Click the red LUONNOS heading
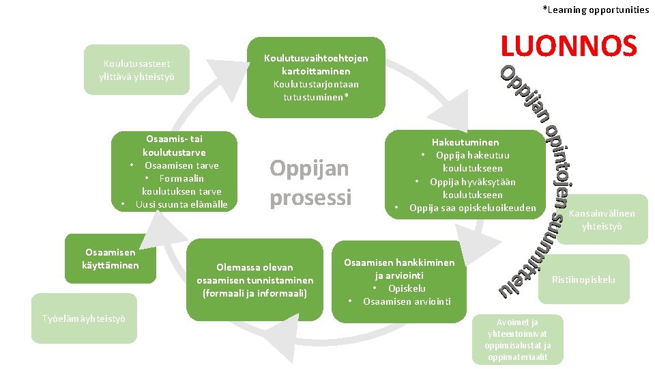pos(568,46)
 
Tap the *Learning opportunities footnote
pos(596,10)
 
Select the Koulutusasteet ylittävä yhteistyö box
pos(136,70)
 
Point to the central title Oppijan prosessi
pos(310,182)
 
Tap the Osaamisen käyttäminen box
pos(111,258)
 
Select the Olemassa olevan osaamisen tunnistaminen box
pos(254,279)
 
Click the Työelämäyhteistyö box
pos(84,318)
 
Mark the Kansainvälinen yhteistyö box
pos(601,219)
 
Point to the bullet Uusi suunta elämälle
pos(181,204)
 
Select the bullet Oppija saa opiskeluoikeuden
pos(473,208)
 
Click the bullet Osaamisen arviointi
pos(407,301)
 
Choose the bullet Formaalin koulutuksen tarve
pos(181,184)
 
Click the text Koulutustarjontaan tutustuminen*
pos(315,90)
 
